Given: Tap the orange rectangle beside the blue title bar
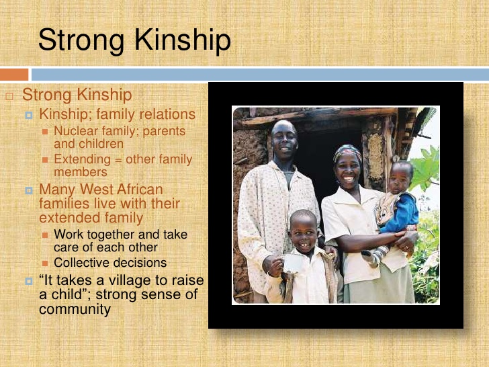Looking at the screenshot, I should pos(14,74).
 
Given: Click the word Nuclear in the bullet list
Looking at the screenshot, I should pos(75,131).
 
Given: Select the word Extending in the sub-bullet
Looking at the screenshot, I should pos(81,160).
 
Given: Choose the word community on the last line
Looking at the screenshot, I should pos(74,310).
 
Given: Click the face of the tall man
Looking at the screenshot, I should pos(285,139).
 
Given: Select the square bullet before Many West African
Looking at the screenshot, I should pos(29,190).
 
